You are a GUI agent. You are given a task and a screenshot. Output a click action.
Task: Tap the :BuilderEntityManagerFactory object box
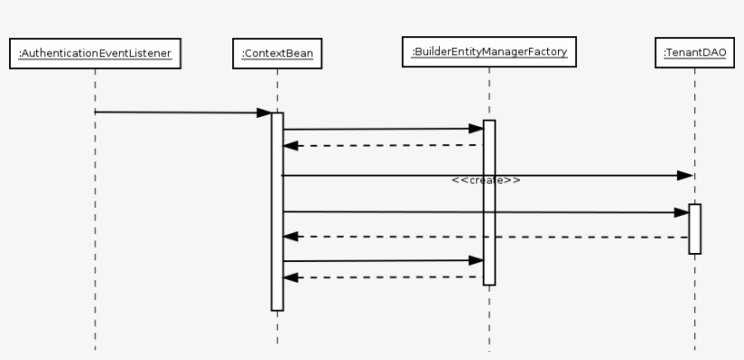[x=489, y=52]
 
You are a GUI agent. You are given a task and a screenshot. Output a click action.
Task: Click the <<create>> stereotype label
[x=485, y=180]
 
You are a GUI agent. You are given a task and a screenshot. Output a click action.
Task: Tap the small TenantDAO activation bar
[x=695, y=229]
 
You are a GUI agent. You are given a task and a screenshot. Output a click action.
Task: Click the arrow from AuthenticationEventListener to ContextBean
[x=181, y=112]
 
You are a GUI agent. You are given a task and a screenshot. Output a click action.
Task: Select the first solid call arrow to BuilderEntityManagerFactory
[x=381, y=129]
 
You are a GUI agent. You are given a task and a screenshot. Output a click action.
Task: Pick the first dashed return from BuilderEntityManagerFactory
[x=381, y=145]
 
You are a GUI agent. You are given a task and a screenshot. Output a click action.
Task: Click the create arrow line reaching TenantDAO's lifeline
[x=581, y=175]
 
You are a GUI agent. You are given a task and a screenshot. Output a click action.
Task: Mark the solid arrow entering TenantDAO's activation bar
[x=481, y=212]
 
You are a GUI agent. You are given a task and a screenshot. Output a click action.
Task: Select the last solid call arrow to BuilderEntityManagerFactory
[x=381, y=261]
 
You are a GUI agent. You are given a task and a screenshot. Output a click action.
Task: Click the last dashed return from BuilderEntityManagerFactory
[x=381, y=277]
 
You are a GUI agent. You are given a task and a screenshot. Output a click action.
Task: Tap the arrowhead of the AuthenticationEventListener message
[x=264, y=113]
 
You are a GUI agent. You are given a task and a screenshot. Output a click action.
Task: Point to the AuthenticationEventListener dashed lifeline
[x=94, y=227]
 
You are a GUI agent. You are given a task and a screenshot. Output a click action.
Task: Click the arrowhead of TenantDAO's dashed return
[x=290, y=237]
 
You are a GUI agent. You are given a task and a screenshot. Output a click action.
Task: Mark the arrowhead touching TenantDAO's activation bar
[x=681, y=213]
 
